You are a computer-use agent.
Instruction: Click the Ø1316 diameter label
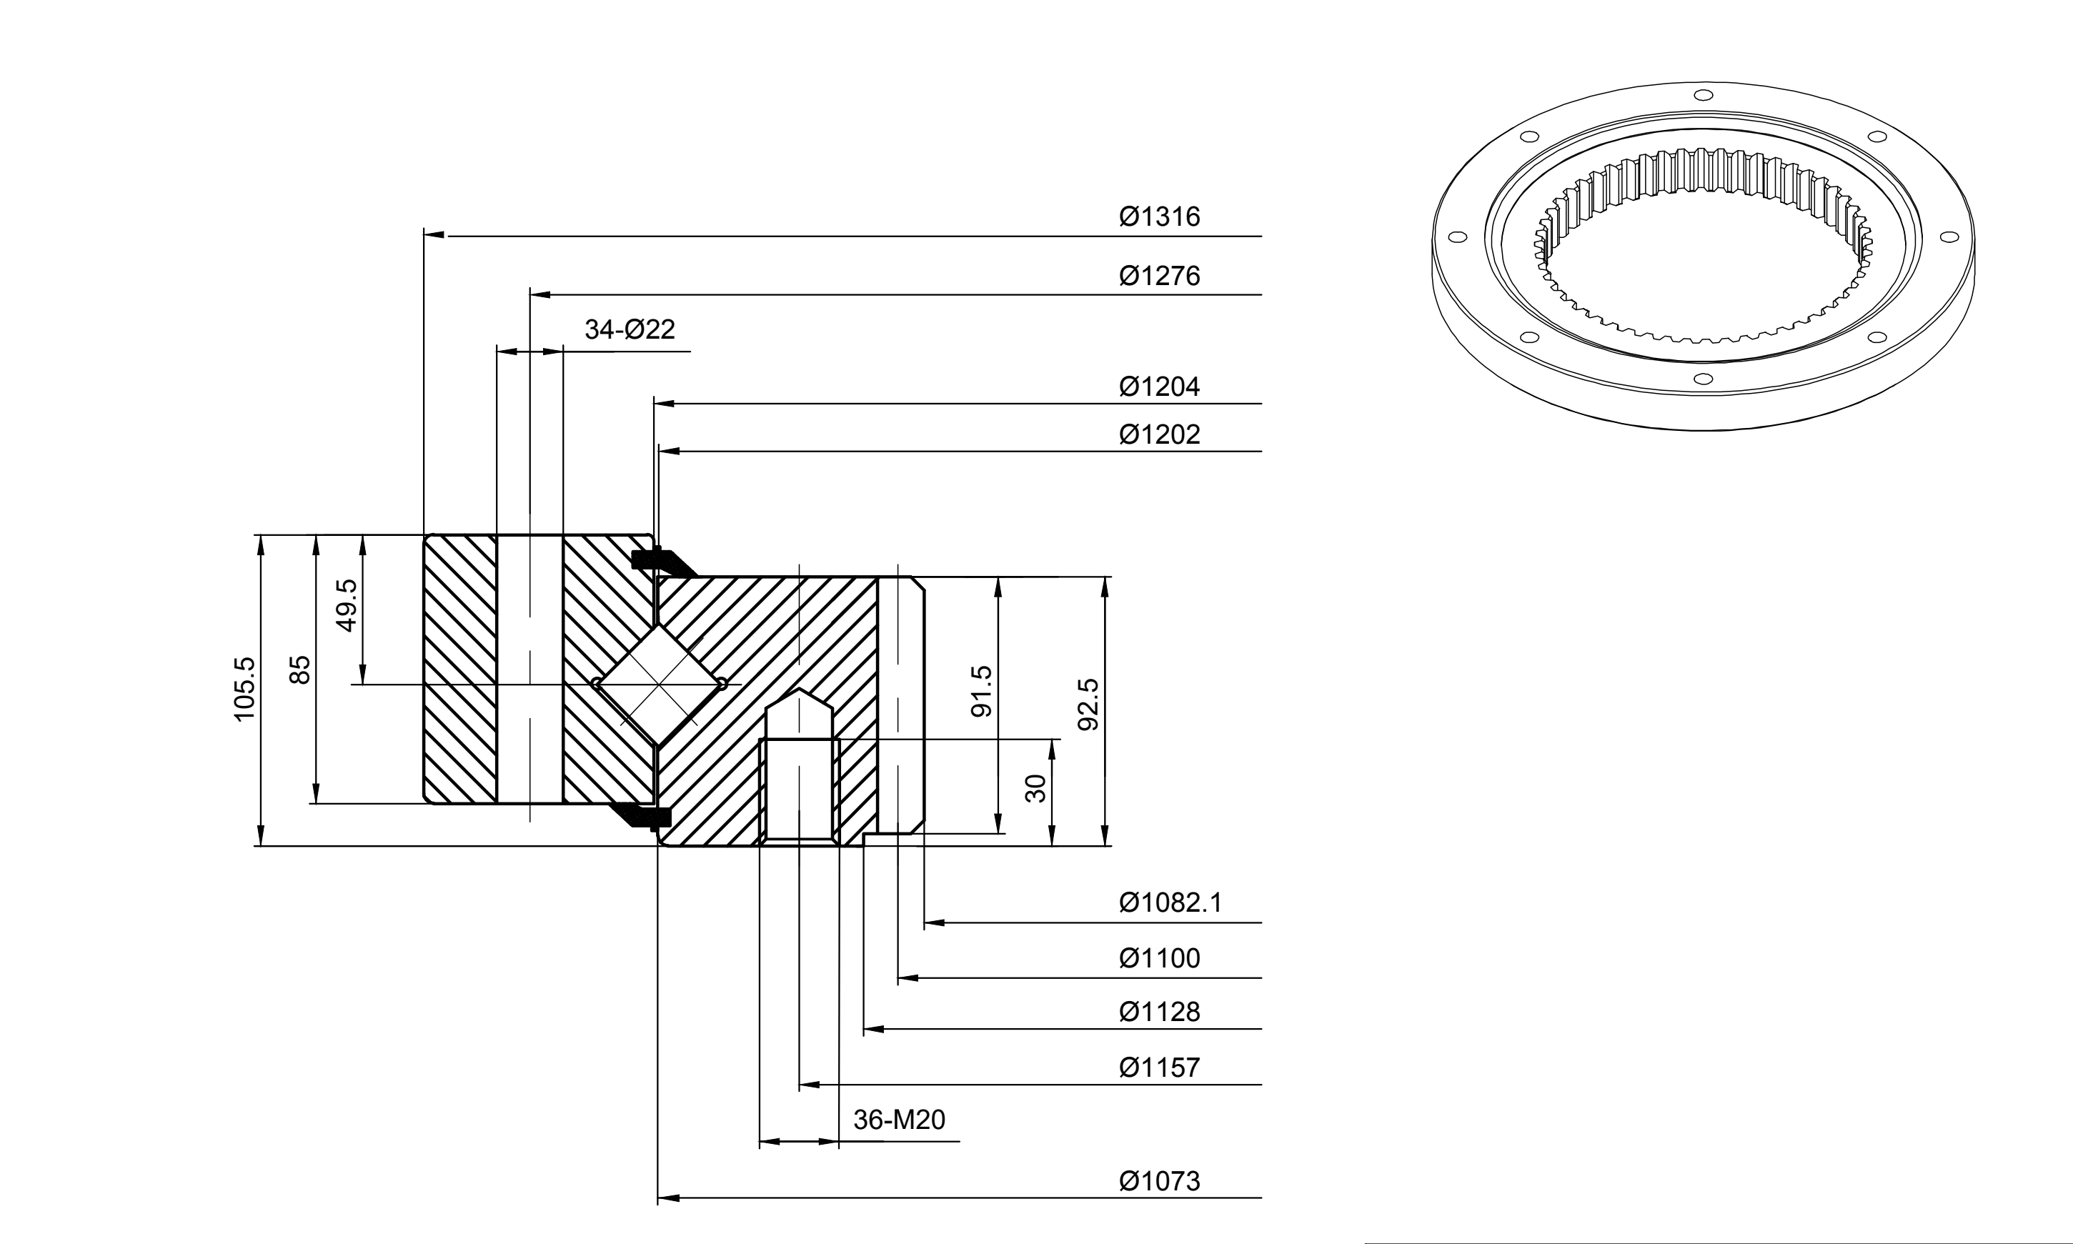pyautogui.click(x=1159, y=217)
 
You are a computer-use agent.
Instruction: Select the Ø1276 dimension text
pyautogui.click(x=1159, y=276)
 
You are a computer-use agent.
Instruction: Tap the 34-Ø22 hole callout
pyautogui.click(x=630, y=329)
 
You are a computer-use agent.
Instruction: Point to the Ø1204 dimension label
pyautogui.click(x=1159, y=387)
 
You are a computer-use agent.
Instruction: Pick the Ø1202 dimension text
pyautogui.click(x=1159, y=434)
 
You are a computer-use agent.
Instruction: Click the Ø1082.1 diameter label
pyautogui.click(x=1170, y=903)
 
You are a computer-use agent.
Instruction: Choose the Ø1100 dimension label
pyautogui.click(x=1159, y=958)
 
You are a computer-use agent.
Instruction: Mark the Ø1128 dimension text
pyautogui.click(x=1159, y=1012)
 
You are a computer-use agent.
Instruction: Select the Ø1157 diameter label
pyautogui.click(x=1159, y=1067)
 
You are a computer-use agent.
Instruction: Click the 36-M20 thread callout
pyautogui.click(x=899, y=1120)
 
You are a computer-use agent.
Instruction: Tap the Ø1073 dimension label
pyautogui.click(x=1159, y=1181)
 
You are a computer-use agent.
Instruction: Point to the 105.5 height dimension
pyautogui.click(x=244, y=689)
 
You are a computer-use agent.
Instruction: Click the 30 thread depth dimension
pyautogui.click(x=1036, y=789)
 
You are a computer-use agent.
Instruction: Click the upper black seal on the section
pyautogui.click(x=662, y=561)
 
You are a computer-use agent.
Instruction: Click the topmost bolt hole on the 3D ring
pyautogui.click(x=1703, y=95)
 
